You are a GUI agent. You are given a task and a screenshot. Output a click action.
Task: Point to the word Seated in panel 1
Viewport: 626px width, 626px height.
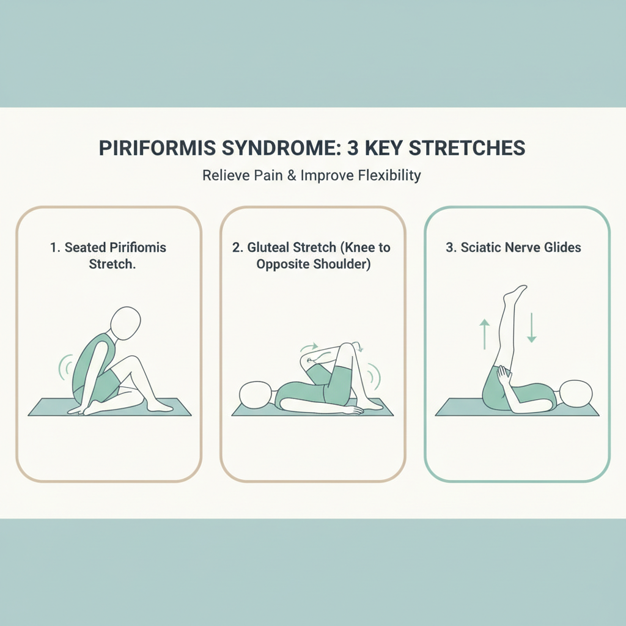87,248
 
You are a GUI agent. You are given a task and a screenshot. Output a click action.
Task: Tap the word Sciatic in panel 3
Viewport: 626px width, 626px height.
481,248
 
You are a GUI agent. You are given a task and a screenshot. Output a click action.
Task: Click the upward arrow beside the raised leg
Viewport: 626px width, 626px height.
485,334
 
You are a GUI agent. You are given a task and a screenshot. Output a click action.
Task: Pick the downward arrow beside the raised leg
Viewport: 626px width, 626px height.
531,328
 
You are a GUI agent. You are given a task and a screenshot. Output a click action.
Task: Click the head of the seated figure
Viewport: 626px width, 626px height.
125,322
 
